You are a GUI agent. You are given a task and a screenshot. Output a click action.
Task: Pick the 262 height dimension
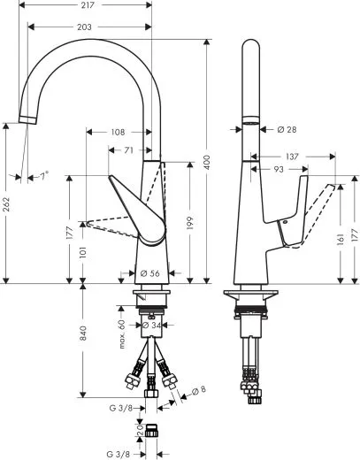tap(6, 204)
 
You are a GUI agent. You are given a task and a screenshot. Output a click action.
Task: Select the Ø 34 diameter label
tap(152, 326)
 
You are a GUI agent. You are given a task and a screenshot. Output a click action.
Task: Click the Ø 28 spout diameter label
tap(286, 129)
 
